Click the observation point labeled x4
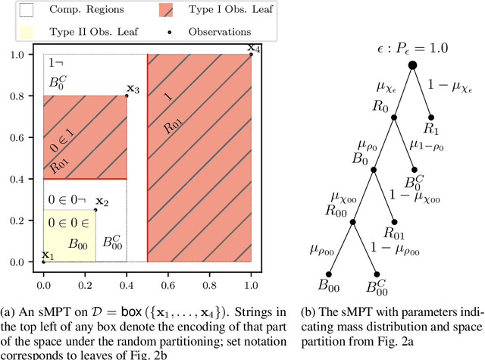(x=250, y=54)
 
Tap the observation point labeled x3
(x=127, y=95)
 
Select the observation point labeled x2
(x=95, y=210)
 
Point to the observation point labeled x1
(x=43, y=261)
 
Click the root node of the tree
(x=413, y=65)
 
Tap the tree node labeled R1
(x=430, y=117)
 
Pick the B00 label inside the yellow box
(x=77, y=244)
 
